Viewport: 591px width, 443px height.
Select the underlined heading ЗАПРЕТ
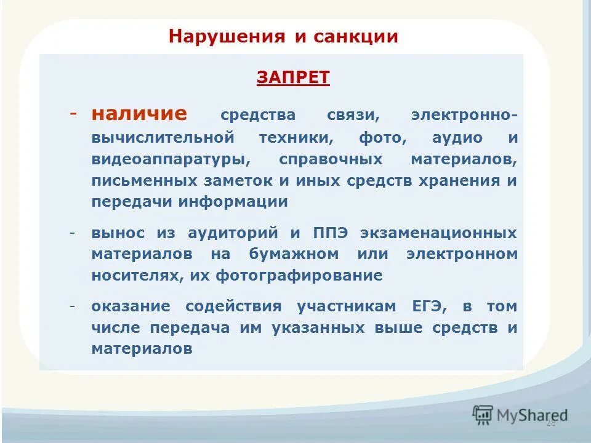coord(293,77)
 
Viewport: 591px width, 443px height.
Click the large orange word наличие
coord(139,114)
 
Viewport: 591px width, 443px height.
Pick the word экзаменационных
coord(439,233)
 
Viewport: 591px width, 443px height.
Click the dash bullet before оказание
coord(73,306)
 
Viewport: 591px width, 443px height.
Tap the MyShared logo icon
coord(483,414)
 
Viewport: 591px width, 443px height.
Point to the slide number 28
coord(550,423)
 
